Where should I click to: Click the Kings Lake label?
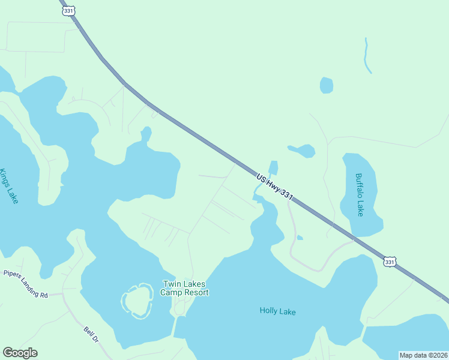[9, 186]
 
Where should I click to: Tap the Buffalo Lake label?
[359, 195]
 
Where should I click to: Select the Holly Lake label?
[277, 311]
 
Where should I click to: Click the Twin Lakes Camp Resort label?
[184, 288]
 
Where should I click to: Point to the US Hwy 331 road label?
[274, 187]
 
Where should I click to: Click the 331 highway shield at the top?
[68, 11]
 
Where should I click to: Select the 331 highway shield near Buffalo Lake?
[390, 262]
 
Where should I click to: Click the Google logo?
[20, 353]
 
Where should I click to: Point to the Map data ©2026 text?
[423, 355]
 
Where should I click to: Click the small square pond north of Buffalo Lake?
[326, 85]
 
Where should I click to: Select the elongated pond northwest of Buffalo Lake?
[302, 150]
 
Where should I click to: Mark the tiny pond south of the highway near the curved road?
[300, 238]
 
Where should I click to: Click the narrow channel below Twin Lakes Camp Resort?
[176, 325]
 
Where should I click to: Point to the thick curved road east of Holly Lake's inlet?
[292, 240]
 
